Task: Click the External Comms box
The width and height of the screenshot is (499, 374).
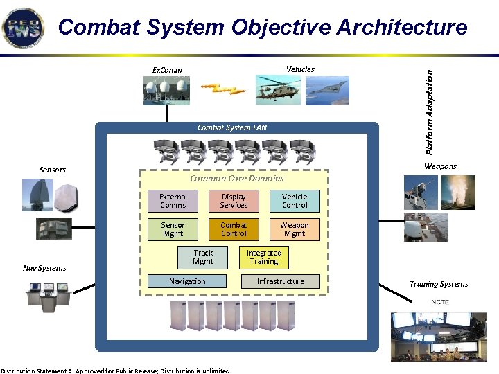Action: pyautogui.click(x=173, y=201)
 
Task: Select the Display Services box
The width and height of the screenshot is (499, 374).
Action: pyautogui.click(x=234, y=201)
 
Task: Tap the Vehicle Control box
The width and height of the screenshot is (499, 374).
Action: pyautogui.click(x=295, y=201)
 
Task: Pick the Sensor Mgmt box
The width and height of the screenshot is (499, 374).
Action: pyautogui.click(x=173, y=229)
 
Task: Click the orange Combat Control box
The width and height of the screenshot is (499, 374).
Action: pyautogui.click(x=234, y=229)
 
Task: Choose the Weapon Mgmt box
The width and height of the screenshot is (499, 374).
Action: pyautogui.click(x=295, y=229)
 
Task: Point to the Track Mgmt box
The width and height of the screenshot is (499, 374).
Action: pyautogui.click(x=203, y=257)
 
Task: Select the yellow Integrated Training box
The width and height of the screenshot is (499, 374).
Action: pyautogui.click(x=264, y=257)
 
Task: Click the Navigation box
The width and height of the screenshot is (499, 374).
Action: pyautogui.click(x=187, y=281)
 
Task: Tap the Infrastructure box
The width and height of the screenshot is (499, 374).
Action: pyautogui.click(x=281, y=281)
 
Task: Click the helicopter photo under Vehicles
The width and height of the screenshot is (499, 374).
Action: pyautogui.click(x=277, y=89)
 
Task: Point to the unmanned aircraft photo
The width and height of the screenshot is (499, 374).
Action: pyautogui.click(x=327, y=90)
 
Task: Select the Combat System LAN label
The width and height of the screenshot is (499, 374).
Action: pyautogui.click(x=231, y=127)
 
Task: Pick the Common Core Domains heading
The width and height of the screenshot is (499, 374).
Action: pyautogui.click(x=236, y=179)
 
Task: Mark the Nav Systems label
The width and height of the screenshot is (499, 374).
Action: pyautogui.click(x=44, y=268)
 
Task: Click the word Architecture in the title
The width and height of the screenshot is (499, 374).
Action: pyautogui.click(x=402, y=28)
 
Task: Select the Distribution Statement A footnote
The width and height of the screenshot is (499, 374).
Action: pyautogui.click(x=116, y=370)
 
